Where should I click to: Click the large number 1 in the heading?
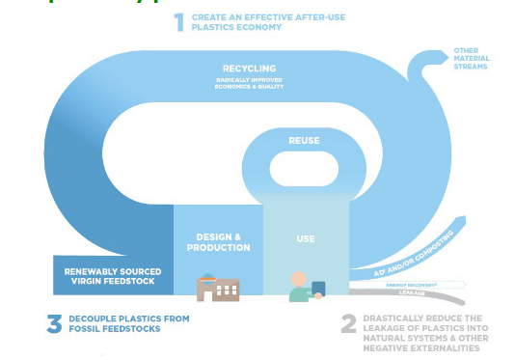(178, 22)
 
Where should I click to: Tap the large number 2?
(348, 323)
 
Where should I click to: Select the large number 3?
(54, 323)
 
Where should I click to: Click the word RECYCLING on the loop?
(249, 69)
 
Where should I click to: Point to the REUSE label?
(304, 141)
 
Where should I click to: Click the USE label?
(305, 237)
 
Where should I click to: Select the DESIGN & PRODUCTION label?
(217, 241)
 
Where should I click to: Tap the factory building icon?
(217, 288)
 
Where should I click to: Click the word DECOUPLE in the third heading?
(95, 318)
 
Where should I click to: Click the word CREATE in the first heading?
(209, 17)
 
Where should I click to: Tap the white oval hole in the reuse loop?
(304, 172)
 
